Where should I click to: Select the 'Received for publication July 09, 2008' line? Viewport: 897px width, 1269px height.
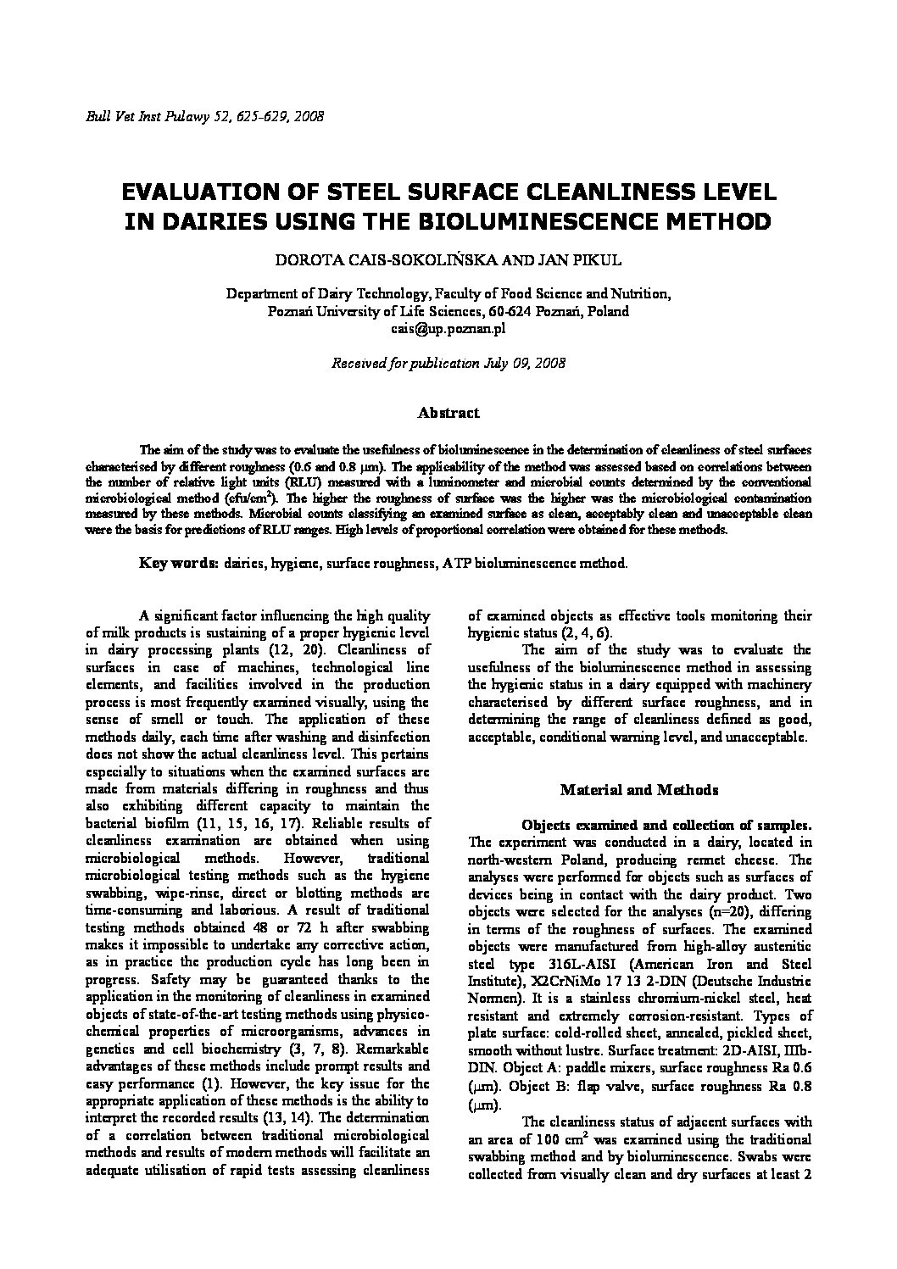(448, 363)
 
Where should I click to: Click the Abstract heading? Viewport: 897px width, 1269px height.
(448, 413)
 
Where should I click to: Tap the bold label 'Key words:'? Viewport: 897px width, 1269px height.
(179, 563)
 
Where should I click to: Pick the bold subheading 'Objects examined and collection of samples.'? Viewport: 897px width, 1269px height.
(666, 825)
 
